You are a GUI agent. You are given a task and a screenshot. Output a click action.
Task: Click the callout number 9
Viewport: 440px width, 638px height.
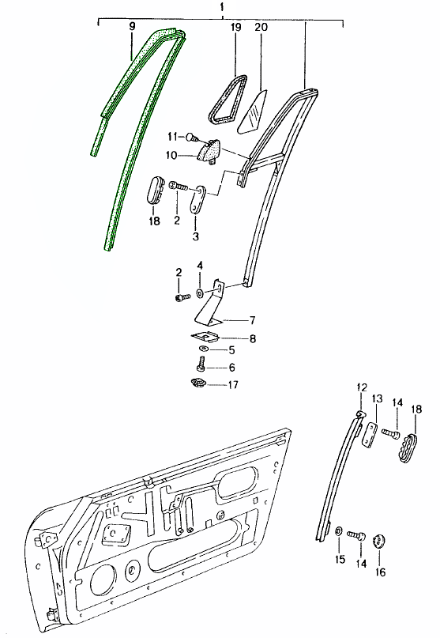[x=132, y=27]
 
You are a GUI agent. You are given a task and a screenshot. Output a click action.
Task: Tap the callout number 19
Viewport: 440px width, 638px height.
[x=236, y=27]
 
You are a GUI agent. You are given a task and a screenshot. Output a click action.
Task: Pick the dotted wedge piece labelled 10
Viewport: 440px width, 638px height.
[x=210, y=151]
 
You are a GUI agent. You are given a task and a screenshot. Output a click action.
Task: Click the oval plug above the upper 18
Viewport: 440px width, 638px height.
[x=155, y=189]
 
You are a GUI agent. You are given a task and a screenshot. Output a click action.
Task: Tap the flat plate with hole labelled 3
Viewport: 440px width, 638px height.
[x=198, y=199]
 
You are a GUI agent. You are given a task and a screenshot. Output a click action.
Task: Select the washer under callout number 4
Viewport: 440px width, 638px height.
[x=200, y=293]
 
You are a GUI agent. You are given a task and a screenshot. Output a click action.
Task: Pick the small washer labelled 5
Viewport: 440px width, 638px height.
[x=203, y=349]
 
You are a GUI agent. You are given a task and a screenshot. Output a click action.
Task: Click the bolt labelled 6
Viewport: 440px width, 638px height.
[x=201, y=364]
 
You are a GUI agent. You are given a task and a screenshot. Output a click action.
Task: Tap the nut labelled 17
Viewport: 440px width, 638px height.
[x=198, y=383]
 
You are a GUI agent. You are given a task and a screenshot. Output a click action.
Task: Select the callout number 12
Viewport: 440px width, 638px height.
[x=362, y=387]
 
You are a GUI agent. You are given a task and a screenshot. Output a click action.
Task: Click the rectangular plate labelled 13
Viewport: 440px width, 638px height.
[x=370, y=436]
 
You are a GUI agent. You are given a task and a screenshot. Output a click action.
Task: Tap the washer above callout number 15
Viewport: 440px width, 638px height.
[x=338, y=531]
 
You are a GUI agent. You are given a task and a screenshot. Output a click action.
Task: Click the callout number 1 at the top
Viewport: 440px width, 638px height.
[x=222, y=7]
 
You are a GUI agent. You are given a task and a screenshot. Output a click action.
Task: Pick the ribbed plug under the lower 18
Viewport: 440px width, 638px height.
[x=407, y=449]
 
